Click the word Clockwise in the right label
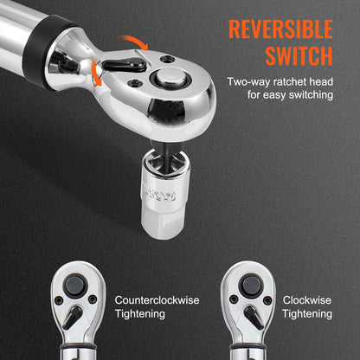click(x=307, y=300)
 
